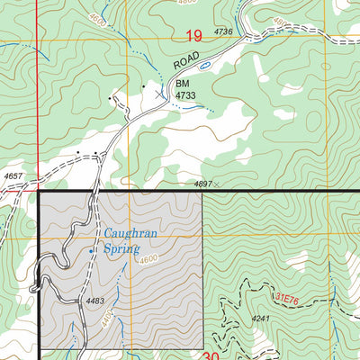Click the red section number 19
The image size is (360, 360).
click(x=193, y=36)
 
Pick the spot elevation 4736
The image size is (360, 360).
click(x=223, y=32)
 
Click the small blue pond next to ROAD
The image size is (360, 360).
click(x=205, y=66)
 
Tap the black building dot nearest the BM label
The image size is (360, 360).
click(x=144, y=87)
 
